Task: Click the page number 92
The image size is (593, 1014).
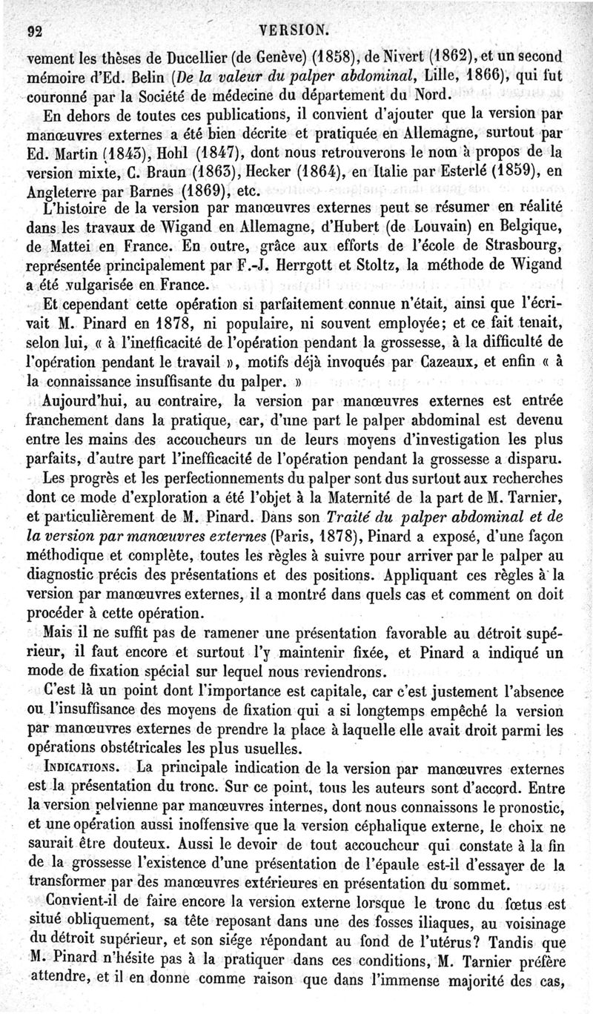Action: [33, 30]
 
